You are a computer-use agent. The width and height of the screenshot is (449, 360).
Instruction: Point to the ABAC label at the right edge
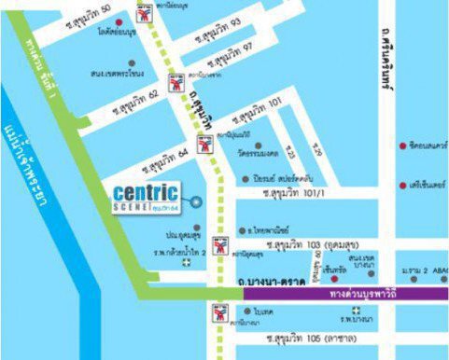click(438, 270)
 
